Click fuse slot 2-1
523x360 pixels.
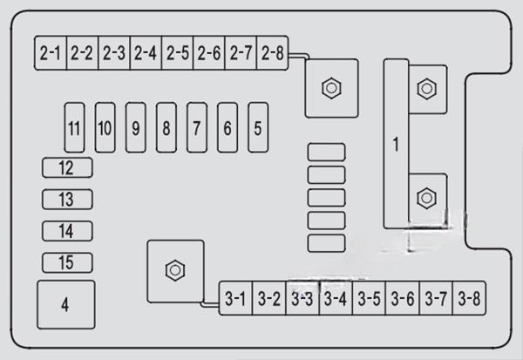click(51, 53)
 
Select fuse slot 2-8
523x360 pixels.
click(272, 53)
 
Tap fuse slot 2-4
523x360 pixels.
click(146, 53)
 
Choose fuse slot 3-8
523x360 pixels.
click(470, 299)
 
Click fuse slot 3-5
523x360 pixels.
click(370, 299)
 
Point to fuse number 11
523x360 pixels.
click(74, 127)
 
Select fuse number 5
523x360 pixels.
click(257, 127)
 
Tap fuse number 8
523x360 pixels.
click(166, 127)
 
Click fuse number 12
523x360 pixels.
click(67, 167)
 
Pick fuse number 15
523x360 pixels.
click(67, 262)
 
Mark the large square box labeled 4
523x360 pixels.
click(65, 304)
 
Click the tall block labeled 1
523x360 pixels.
click(396, 145)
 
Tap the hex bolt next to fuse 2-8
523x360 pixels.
click(330, 87)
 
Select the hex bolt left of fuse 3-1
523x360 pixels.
click(174, 269)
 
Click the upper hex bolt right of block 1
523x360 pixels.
click(426, 87)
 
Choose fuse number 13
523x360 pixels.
click(67, 200)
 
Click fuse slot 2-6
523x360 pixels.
click(209, 53)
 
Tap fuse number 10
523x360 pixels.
click(105, 127)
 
